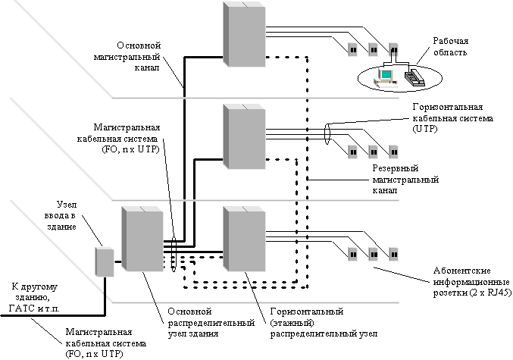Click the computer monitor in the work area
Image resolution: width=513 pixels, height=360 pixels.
pyautogui.click(x=386, y=75)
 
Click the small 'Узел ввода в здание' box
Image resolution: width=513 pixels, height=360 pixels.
pyautogui.click(x=103, y=261)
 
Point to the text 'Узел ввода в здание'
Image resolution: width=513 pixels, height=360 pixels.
pyautogui.click(x=77, y=215)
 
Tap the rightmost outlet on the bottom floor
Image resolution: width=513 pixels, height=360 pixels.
pyautogui.click(x=393, y=254)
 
